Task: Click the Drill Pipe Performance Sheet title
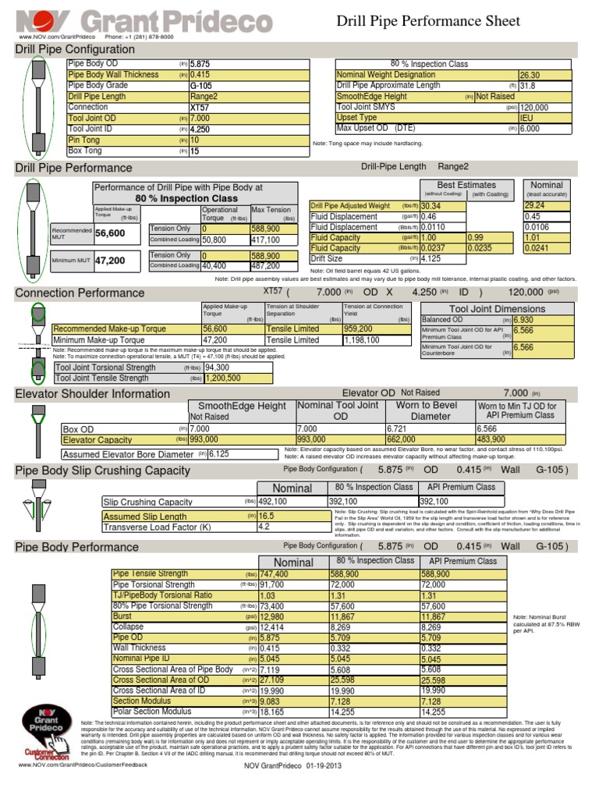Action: [427, 21]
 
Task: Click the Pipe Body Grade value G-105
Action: [201, 86]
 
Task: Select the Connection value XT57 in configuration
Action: [200, 108]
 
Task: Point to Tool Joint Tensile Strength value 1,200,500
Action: [222, 378]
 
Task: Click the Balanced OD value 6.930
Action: [523, 320]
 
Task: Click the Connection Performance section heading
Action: [75, 293]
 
